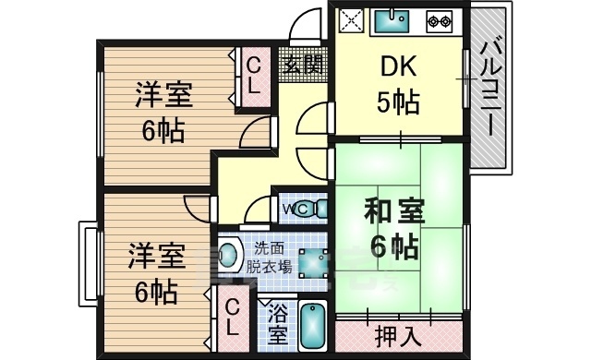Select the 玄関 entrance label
[x=303, y=66]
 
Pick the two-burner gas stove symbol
[x=438, y=20]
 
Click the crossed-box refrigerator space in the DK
[x=351, y=20]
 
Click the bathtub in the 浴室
[x=315, y=327]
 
